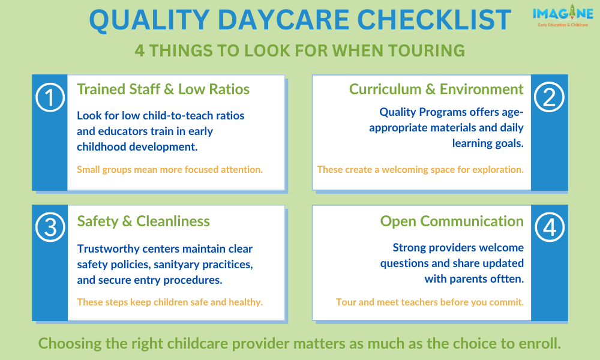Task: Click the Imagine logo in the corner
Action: point(563,16)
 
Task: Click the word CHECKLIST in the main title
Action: point(434,20)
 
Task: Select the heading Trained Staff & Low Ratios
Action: point(163,89)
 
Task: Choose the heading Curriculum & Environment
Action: point(436,89)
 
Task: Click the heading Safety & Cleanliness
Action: point(143,221)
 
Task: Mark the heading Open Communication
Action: point(452,221)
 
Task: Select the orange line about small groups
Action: point(170,169)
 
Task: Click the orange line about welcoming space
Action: point(421,169)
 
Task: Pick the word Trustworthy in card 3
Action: point(108,249)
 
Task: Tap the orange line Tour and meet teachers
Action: point(430,302)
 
